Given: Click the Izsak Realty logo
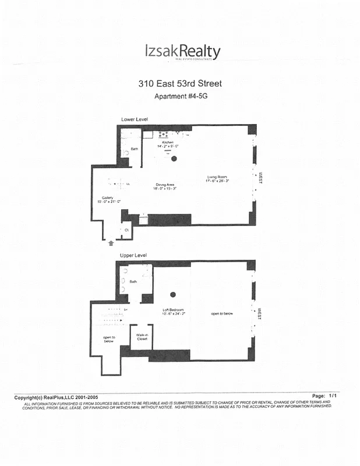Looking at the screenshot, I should coord(182,53).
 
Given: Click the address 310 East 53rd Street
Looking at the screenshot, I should coord(180,83).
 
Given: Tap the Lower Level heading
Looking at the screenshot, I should coord(134,119).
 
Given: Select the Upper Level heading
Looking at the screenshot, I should coord(133,256).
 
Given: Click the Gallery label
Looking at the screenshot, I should coord(107,199).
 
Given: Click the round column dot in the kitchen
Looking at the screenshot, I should coord(174,158).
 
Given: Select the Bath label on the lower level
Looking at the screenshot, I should coord(135,149).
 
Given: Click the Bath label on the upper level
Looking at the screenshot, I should coord(133,282).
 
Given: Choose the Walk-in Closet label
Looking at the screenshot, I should coord(142,337).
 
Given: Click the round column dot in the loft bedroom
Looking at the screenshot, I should coord(173,295).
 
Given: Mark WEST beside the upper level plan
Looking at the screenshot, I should coord(260,314).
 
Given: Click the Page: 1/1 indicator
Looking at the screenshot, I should coord(325,396).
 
